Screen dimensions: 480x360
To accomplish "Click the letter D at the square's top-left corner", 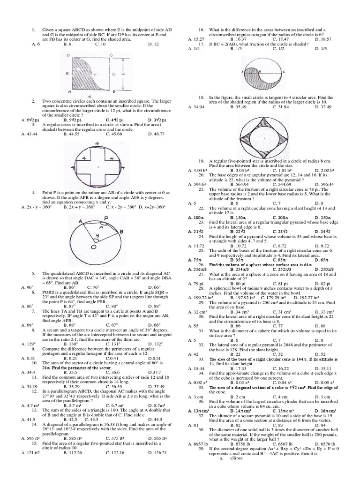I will tap(69, 55).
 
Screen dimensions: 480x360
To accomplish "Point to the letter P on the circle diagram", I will tap(106, 218).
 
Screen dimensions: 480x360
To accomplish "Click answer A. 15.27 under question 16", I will tap(196, 39).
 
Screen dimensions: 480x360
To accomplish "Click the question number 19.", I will tap(202, 160).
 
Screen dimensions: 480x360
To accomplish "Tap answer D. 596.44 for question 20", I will tap(324, 184).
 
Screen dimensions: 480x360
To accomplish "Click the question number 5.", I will tap(34, 273).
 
